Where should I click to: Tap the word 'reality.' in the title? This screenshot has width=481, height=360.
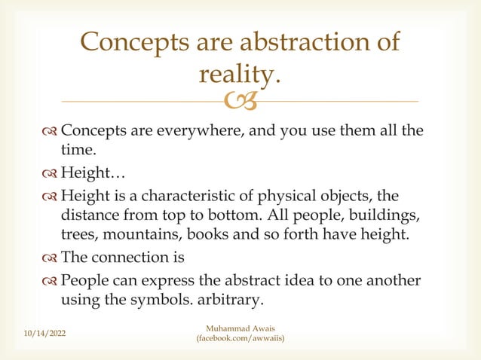click(x=239, y=74)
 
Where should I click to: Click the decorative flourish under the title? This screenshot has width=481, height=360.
click(x=240, y=100)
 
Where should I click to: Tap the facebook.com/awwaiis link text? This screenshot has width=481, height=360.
click(x=240, y=340)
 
